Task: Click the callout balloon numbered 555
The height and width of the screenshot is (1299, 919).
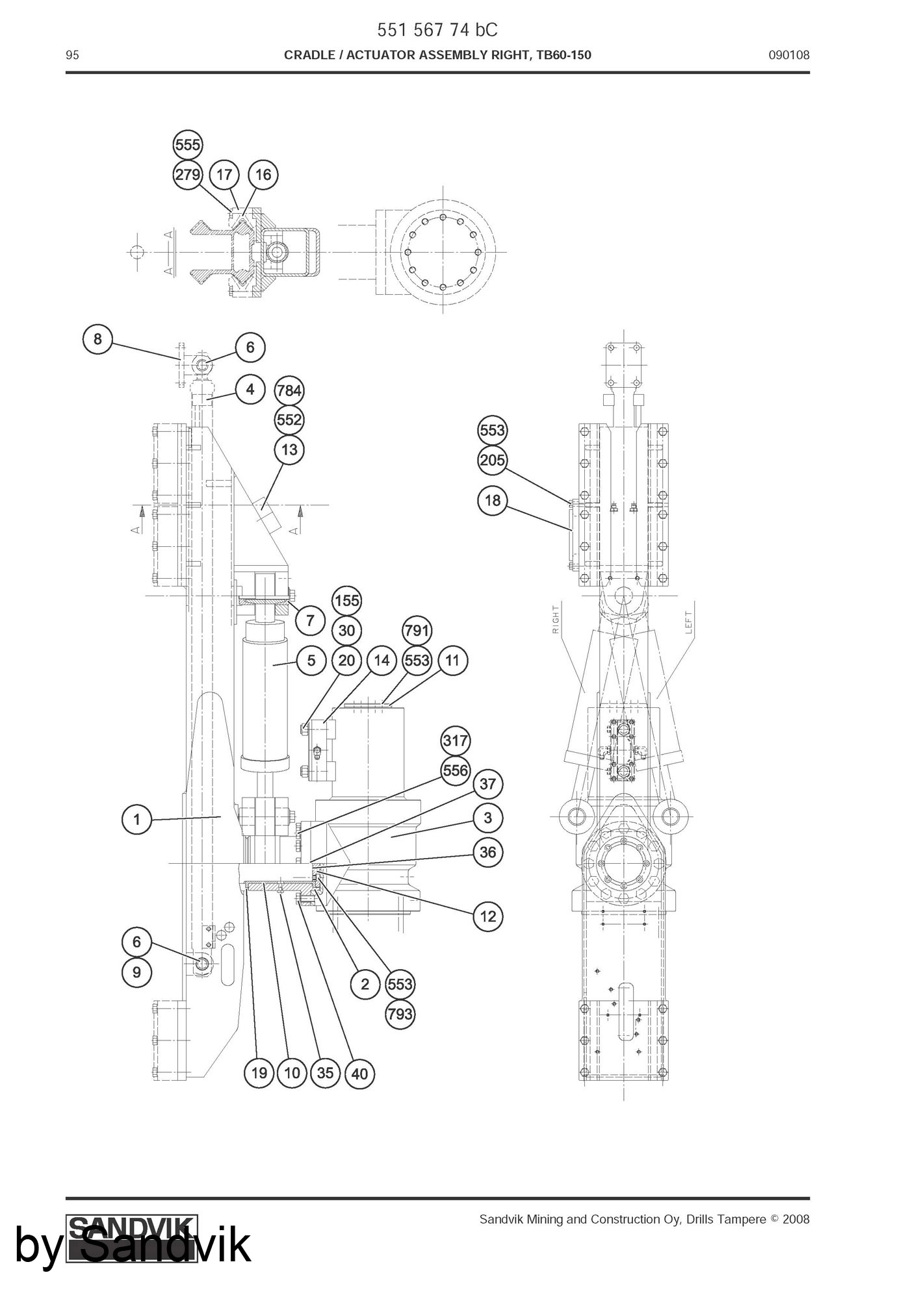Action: pyautogui.click(x=188, y=144)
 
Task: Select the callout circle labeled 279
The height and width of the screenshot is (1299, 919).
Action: pyautogui.click(x=188, y=175)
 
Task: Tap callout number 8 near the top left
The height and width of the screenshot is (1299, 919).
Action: pyautogui.click(x=97, y=339)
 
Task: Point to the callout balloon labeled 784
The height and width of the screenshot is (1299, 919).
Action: pyautogui.click(x=289, y=390)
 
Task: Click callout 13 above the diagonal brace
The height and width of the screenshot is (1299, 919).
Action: pyautogui.click(x=289, y=449)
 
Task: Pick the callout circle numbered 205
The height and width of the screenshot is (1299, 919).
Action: pyautogui.click(x=493, y=460)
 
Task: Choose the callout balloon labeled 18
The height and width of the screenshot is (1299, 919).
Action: pyautogui.click(x=493, y=500)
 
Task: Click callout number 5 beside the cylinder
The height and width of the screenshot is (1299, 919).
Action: pyautogui.click(x=311, y=661)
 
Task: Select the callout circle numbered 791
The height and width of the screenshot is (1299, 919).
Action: pyautogui.click(x=417, y=631)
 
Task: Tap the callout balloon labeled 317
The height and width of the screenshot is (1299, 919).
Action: pyautogui.click(x=455, y=740)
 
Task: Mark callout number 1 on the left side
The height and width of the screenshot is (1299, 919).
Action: pyautogui.click(x=136, y=820)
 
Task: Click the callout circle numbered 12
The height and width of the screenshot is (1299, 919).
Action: pyautogui.click(x=488, y=916)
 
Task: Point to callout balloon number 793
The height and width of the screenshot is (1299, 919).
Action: pyautogui.click(x=400, y=1014)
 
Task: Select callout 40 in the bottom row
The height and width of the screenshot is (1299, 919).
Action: pyautogui.click(x=359, y=1074)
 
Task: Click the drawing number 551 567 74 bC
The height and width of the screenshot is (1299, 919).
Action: pyautogui.click(x=437, y=31)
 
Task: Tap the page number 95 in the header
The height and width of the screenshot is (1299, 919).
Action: pyautogui.click(x=72, y=55)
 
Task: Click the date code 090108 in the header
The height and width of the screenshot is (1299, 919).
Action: pyautogui.click(x=789, y=55)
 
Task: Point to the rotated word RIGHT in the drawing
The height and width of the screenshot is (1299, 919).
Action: pyautogui.click(x=556, y=620)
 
